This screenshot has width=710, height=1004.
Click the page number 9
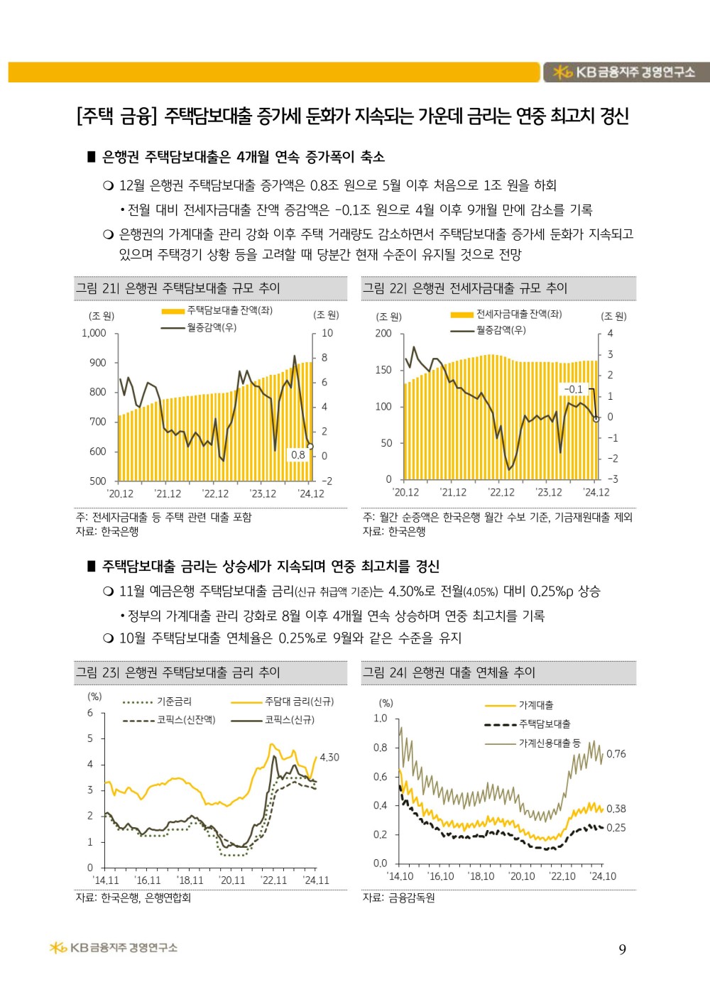point(622,950)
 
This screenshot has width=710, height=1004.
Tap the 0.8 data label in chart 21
point(298,454)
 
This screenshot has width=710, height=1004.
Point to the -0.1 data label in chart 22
point(573,389)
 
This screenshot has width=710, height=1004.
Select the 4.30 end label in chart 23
point(329,758)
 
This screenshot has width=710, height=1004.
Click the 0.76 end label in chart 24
point(616,754)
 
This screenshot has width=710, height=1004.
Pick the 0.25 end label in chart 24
point(616,828)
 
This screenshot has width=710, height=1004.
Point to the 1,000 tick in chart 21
point(94,333)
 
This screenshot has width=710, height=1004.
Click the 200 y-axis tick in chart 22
point(383,333)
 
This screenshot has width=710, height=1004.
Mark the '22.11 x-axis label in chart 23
point(274,880)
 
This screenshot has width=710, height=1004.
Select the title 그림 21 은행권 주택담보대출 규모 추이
point(178,288)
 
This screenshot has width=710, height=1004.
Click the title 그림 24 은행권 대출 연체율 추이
point(449,672)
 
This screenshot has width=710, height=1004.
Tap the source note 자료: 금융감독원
point(399,897)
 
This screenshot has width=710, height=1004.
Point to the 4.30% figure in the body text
point(410,591)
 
